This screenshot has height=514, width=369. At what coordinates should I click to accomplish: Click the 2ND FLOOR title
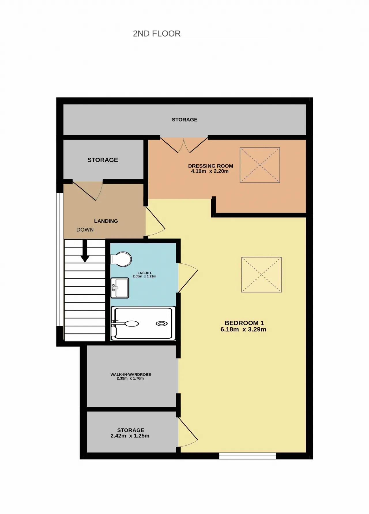157,34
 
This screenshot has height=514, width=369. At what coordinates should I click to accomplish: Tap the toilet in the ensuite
121,259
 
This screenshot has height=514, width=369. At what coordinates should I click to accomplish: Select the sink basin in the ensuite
120,288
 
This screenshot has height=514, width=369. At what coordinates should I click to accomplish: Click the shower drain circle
162,324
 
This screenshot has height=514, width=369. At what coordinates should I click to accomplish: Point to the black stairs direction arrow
85,251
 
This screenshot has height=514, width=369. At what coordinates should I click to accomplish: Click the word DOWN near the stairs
85,230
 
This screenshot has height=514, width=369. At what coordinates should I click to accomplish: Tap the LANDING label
106,221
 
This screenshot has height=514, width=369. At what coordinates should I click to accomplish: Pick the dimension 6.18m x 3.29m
243,329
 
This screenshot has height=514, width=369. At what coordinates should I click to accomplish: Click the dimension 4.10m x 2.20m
210,171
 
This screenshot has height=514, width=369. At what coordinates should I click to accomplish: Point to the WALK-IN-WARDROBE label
131,374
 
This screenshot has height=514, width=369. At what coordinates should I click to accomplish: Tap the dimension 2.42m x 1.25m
130,436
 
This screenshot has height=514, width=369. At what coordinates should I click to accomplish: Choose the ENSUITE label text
145,273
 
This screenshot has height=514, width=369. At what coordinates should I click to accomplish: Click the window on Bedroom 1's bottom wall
248,456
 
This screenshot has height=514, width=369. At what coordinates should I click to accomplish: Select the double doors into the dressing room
184,145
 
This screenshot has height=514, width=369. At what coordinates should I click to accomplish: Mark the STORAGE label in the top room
184,120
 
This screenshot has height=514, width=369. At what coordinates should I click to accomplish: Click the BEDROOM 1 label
244,323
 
